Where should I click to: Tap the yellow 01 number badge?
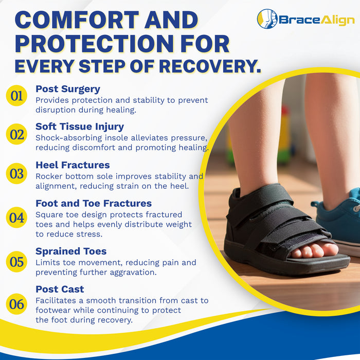(17, 95)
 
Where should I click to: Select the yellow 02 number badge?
(17, 135)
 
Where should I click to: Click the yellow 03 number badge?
(17, 174)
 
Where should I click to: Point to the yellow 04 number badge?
(17, 218)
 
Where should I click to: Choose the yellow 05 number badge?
(17, 262)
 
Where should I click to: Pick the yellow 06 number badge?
(17, 304)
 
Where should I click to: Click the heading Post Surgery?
(68, 89)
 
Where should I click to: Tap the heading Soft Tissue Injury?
(80, 127)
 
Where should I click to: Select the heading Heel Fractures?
(73, 165)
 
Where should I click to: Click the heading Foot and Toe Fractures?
(94, 204)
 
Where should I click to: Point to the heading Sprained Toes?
(71, 251)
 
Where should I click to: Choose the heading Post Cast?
(60, 289)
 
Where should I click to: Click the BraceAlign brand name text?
(316, 20)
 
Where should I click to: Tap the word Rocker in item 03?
(50, 176)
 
